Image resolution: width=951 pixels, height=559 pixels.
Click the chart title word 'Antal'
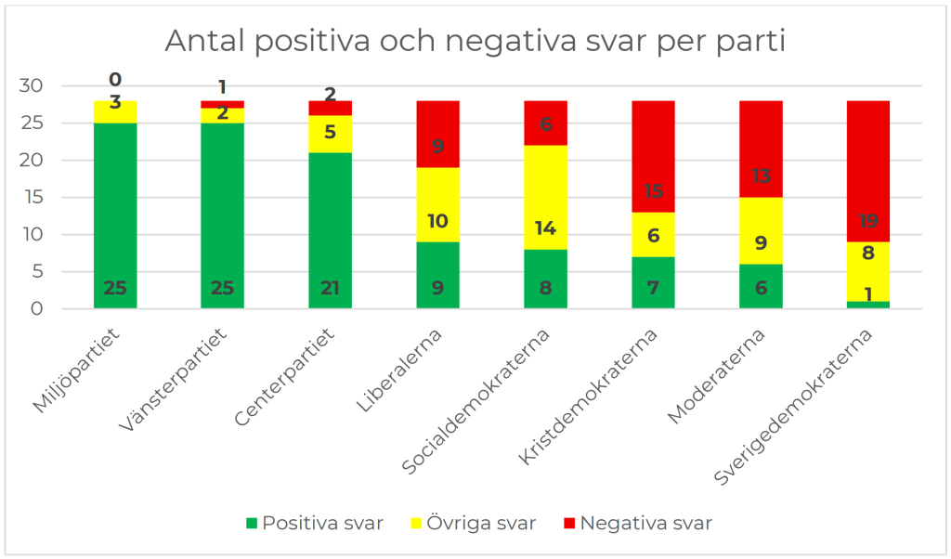(203, 42)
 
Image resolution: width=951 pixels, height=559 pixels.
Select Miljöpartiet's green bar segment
(115, 215)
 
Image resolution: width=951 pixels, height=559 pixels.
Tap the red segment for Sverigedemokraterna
(868, 172)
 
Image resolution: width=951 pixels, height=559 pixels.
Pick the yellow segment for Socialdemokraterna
(545, 198)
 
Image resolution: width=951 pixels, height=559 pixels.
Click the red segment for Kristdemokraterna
(653, 157)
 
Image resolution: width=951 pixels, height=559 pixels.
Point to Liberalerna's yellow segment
(438, 205)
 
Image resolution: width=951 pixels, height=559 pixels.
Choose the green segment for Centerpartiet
(330, 231)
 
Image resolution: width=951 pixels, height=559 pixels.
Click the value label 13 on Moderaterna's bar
(761, 175)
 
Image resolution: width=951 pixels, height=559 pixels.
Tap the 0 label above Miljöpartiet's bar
(115, 80)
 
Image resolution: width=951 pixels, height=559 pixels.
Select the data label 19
(868, 221)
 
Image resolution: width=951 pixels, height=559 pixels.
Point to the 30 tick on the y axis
(31, 85)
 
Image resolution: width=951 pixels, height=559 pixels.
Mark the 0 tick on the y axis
(37, 308)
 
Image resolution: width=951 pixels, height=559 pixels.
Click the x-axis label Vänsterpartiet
(174, 380)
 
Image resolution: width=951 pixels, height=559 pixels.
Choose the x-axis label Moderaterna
(716, 376)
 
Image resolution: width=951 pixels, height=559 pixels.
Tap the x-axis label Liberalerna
(399, 370)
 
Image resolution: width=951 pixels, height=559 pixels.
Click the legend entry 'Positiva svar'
(315, 523)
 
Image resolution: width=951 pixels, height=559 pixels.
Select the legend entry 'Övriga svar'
(473, 523)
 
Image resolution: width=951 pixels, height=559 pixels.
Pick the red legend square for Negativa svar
(569, 523)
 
